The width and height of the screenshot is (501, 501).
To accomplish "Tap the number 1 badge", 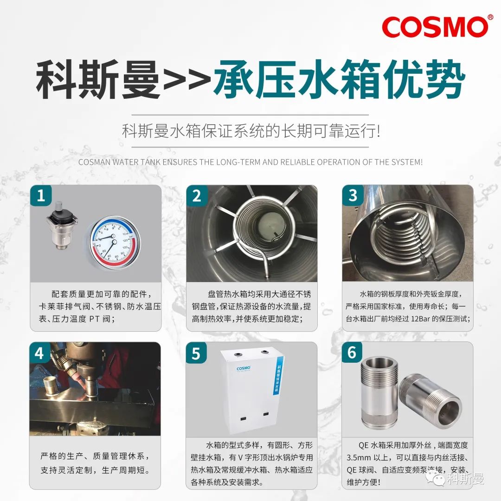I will point(41,196).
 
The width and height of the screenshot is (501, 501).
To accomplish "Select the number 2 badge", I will point(197,196).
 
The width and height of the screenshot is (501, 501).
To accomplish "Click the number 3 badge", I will point(353,196).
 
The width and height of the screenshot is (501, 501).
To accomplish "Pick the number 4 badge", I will point(41,353).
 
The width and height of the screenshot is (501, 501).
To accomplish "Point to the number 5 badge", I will point(197,353).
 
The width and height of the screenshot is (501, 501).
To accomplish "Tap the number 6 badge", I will point(353,353).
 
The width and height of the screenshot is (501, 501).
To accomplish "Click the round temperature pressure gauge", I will point(112,241).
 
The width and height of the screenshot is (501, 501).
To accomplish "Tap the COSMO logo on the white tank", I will point(244,369).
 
